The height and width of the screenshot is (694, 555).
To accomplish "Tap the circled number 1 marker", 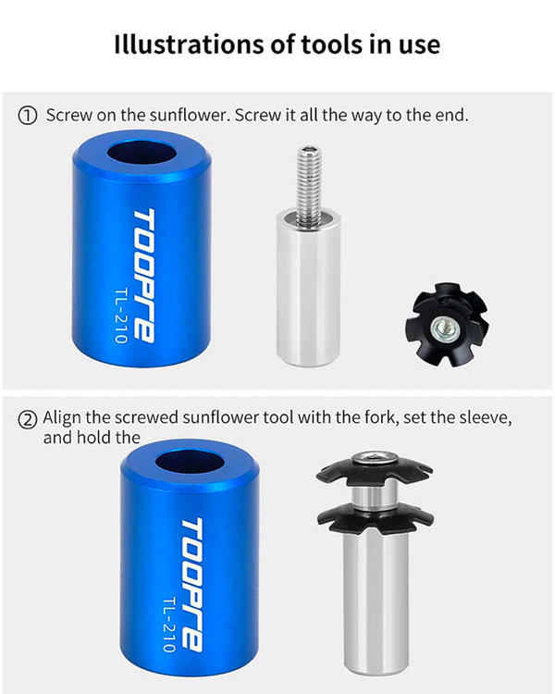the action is point(27,116).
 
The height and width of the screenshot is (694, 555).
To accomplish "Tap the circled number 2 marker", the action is point(27,419).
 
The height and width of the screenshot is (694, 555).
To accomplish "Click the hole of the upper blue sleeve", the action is point(142,153).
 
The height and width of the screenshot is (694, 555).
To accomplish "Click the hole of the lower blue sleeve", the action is point(191,462).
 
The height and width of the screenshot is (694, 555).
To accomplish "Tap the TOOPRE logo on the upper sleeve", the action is point(144,276).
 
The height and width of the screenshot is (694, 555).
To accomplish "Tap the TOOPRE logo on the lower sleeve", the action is point(192,584).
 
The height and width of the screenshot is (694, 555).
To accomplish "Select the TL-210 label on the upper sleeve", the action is point(121,316).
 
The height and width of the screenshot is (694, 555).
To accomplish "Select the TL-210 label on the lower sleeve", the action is point(169,624).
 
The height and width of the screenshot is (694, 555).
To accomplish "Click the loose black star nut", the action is point(447,325).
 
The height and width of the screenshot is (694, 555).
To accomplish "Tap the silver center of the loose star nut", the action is point(442,328).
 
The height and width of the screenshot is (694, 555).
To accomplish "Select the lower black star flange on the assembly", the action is point(376,515).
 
